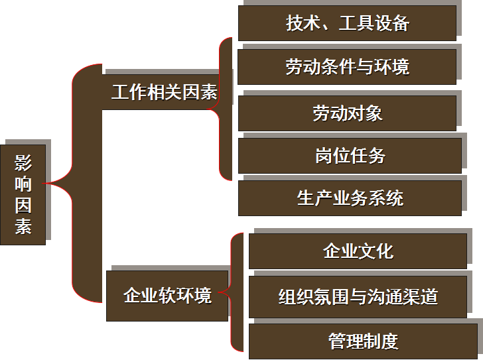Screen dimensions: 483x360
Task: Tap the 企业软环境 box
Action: [x=167, y=295]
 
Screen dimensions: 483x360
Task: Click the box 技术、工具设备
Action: [x=348, y=23]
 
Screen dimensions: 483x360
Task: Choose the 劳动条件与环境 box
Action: [x=348, y=66]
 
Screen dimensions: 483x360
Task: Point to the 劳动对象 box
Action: [x=348, y=113]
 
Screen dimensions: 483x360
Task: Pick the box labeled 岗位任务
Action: [x=350, y=156]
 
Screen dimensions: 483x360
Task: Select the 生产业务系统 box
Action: [x=350, y=198]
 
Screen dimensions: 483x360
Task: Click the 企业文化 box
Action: [x=358, y=251]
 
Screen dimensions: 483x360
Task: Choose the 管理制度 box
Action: [x=363, y=341]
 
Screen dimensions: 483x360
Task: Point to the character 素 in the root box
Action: [x=23, y=225]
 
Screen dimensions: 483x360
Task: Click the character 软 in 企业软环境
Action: [x=167, y=295]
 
